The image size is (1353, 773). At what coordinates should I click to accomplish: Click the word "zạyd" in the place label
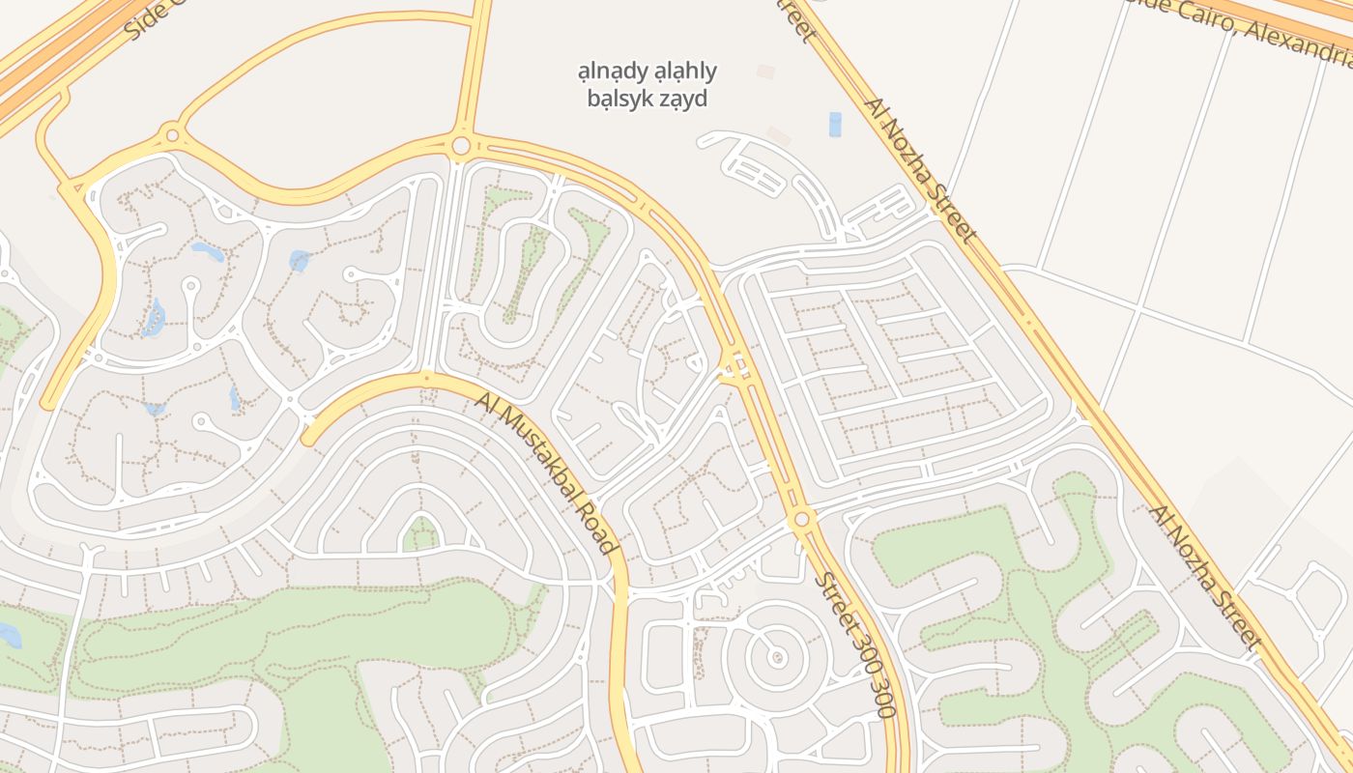[x=683, y=98]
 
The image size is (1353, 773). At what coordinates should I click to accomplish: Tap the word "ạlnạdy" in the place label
[x=611, y=71]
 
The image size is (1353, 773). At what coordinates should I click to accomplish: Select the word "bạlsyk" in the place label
[x=619, y=98]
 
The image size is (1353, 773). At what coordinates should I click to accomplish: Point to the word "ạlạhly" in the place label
[x=685, y=71]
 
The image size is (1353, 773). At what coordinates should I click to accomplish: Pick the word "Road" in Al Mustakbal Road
[x=593, y=530]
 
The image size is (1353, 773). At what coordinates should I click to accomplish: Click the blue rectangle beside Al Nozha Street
[x=835, y=125]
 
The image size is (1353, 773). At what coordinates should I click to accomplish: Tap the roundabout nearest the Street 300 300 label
[x=801, y=520]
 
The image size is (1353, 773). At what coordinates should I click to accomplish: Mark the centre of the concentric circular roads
[x=777, y=658]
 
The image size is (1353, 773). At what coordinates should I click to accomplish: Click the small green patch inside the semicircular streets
[x=420, y=533]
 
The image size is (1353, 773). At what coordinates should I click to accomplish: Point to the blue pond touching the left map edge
[x=8, y=635]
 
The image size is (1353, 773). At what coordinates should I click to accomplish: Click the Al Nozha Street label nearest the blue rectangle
[x=921, y=170]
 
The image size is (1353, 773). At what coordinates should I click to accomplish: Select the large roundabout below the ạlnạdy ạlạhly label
[x=461, y=146]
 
